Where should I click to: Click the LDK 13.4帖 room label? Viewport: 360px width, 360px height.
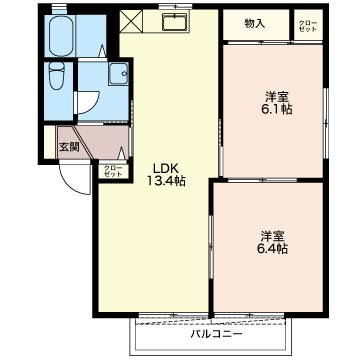pos(166,174)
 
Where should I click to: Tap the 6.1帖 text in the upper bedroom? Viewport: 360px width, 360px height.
pos(277,109)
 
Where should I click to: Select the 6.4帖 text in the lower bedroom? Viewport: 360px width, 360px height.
pos(272,249)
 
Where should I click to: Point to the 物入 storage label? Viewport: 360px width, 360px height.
pos(255,23)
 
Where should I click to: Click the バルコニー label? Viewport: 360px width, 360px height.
pos(216,333)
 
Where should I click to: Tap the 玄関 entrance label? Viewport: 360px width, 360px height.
pos(69,147)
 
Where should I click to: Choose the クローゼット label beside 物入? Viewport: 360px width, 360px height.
pos(308,26)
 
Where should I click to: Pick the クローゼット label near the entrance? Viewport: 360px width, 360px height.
pos(113,171)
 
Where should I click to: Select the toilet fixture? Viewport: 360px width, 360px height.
pos(56,77)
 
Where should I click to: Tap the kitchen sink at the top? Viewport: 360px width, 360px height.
pos(175,22)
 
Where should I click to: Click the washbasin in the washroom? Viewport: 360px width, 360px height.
pos(118,74)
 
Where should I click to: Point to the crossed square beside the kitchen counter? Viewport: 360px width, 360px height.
pos(131,21)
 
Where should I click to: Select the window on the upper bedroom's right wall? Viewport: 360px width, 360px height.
pos(327,122)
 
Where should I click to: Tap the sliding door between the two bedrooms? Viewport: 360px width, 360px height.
pos(262,180)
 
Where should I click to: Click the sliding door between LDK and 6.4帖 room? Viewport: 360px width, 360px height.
pos(211,247)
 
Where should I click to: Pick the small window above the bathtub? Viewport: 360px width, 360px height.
pos(59,8)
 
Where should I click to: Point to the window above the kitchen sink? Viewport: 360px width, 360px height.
pos(175,6)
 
